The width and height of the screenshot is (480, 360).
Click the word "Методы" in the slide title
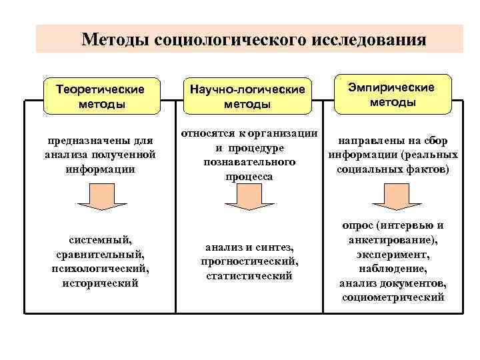tap(115, 39)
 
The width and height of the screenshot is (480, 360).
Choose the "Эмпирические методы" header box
tap(392, 95)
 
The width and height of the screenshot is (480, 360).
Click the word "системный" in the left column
tap(100, 239)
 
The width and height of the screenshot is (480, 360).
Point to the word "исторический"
tap(100, 283)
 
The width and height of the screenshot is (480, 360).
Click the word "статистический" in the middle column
tap(249, 276)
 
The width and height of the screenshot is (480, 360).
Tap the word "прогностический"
tap(248, 261)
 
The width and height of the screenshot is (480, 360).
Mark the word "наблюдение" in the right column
tap(392, 269)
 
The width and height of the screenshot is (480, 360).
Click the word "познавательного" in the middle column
tap(249, 163)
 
